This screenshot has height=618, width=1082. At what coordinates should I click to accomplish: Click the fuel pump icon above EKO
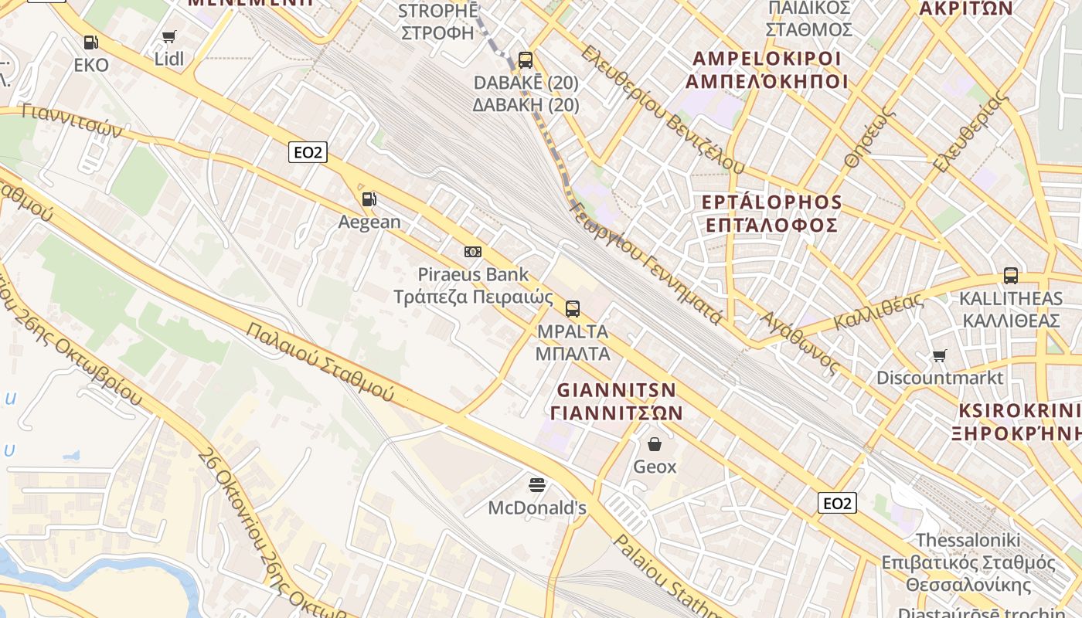pyautogui.click(x=91, y=42)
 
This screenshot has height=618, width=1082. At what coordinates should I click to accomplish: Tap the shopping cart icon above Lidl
pyautogui.click(x=169, y=36)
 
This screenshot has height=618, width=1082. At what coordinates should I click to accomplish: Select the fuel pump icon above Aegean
pyautogui.click(x=369, y=199)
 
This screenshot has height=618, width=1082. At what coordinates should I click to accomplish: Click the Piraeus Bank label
pyautogui.click(x=473, y=274)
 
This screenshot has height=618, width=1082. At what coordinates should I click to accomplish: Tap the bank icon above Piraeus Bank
pyautogui.click(x=473, y=252)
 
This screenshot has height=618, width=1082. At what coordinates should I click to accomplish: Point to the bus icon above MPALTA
pyautogui.click(x=573, y=309)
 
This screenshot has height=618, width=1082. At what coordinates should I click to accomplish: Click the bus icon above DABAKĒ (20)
pyautogui.click(x=526, y=59)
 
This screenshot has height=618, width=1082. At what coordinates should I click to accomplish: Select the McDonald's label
pyautogui.click(x=537, y=508)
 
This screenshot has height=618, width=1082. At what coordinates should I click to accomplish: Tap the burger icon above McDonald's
pyautogui.click(x=537, y=485)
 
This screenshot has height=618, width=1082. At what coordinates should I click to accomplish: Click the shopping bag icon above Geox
pyautogui.click(x=655, y=444)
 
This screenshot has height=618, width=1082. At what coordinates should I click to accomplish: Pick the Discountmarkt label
pyautogui.click(x=940, y=378)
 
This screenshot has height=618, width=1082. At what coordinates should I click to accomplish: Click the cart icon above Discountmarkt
pyautogui.click(x=940, y=355)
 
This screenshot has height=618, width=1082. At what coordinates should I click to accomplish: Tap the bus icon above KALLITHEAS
pyautogui.click(x=1010, y=275)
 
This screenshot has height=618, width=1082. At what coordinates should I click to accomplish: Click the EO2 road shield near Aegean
pyautogui.click(x=308, y=152)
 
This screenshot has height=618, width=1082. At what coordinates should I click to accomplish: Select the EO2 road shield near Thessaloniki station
pyautogui.click(x=837, y=504)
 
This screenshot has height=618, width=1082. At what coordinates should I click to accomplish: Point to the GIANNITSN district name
pyautogui.click(x=617, y=389)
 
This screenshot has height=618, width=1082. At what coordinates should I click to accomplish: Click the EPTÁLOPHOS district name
pyautogui.click(x=771, y=202)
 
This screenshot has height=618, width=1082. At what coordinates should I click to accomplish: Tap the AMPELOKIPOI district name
pyautogui.click(x=767, y=59)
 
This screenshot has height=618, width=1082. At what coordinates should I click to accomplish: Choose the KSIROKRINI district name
pyautogui.click(x=1019, y=409)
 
